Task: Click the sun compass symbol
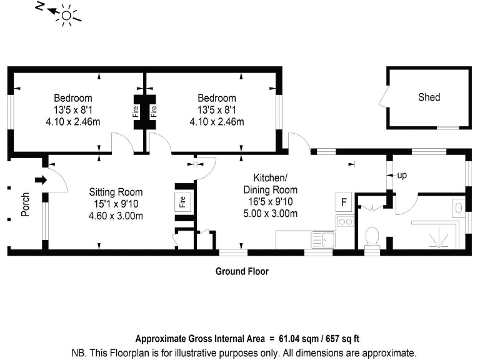tap(66, 13)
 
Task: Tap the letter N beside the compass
tap(40, 7)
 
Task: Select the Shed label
tap(429, 97)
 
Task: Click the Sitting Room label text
tap(116, 192)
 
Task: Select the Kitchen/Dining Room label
tap(270, 183)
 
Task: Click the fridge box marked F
tap(344, 202)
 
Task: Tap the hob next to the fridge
tap(344, 221)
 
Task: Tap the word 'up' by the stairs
tap(402, 176)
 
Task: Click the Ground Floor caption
tap(242, 271)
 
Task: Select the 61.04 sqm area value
tap(296, 339)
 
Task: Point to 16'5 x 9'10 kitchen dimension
tap(270, 202)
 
